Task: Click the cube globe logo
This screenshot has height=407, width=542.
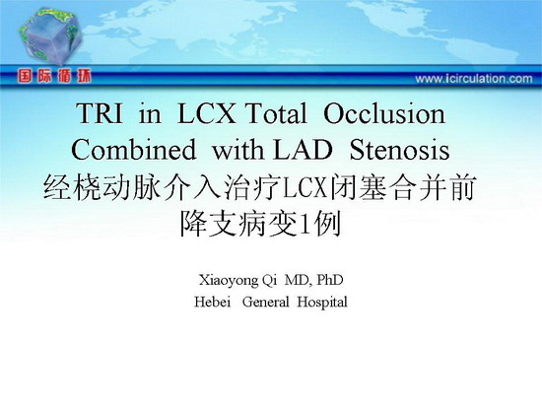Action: click(51, 37)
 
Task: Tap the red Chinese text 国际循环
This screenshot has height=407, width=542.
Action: click(54, 76)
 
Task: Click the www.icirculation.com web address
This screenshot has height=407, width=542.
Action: click(474, 79)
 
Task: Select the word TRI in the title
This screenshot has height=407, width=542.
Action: click(101, 113)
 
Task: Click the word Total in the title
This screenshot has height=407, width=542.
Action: click(276, 113)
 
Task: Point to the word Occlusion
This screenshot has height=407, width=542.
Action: click(384, 113)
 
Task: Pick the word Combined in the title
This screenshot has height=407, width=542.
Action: click(133, 150)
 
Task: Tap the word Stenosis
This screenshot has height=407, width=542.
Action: click(399, 150)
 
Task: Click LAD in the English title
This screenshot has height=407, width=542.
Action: click(303, 150)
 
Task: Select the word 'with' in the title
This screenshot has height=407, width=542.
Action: click(237, 150)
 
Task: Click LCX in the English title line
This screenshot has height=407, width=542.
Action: click(206, 113)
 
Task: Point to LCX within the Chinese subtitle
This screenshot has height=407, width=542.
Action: click(305, 189)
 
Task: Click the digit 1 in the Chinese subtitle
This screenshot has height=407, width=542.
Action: click(305, 225)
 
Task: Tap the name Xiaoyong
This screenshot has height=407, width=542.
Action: click(229, 280)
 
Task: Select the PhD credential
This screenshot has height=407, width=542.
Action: click(330, 280)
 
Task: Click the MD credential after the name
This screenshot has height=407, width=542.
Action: click(299, 280)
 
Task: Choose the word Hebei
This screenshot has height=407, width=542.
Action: click(212, 302)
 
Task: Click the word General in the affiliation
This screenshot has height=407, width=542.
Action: click(265, 302)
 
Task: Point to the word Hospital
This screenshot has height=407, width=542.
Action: click(322, 303)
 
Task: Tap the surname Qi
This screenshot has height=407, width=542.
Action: click(270, 280)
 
